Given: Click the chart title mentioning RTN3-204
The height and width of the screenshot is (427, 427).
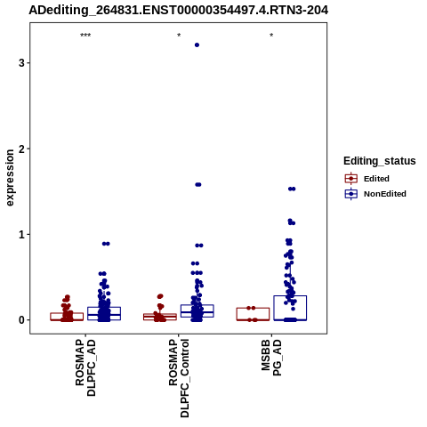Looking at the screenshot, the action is point(178,11).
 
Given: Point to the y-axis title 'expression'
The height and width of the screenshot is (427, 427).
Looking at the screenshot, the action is point(10,178).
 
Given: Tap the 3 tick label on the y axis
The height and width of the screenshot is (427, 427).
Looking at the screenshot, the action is point(21,63).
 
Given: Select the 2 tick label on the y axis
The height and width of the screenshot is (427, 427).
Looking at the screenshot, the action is point(21,149).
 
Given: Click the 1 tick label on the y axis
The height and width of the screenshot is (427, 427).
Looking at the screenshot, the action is point(21,234).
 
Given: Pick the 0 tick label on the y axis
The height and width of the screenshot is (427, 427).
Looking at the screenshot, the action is point(21,320).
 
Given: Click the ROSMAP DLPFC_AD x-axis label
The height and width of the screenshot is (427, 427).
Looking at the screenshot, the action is point(85,367).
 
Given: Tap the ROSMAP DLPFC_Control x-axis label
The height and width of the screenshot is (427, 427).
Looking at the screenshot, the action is point(179,378).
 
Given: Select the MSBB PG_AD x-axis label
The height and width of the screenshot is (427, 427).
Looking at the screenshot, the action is point(271,358).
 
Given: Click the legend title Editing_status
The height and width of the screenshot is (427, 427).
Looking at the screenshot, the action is point(380,161).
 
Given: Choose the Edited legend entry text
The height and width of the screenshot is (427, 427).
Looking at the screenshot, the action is point(376,179).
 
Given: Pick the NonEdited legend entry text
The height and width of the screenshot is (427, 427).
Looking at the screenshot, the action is point(385,194).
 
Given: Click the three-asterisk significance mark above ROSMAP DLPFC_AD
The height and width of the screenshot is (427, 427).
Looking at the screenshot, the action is point(85,36).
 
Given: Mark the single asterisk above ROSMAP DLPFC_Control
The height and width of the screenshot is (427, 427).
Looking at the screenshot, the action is point(179,36).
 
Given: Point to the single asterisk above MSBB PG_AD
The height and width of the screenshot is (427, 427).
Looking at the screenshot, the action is point(271,36).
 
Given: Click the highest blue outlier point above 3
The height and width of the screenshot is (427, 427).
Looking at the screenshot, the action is point(197,45).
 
